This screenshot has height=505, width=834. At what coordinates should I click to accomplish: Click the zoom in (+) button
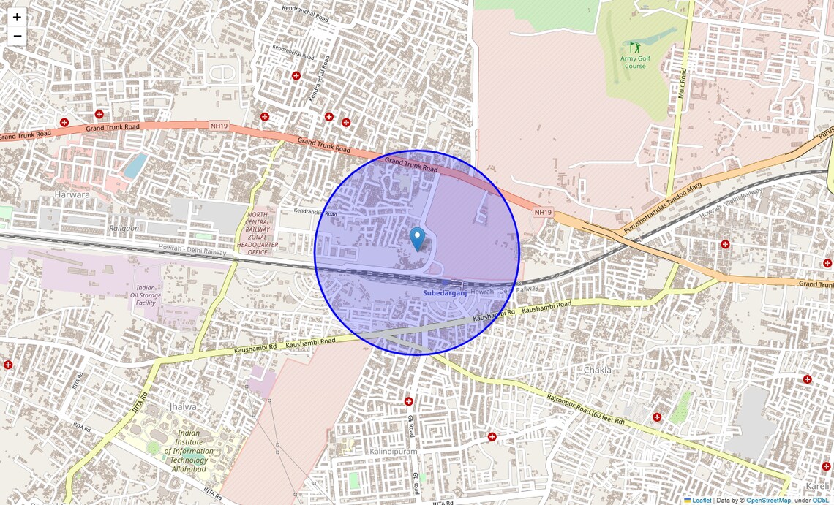17,17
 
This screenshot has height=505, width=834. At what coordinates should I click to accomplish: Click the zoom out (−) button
17,36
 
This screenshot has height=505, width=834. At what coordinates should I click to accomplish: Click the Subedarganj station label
444,293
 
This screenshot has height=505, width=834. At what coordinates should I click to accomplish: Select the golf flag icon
634,48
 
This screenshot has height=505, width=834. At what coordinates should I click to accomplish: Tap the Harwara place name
72,194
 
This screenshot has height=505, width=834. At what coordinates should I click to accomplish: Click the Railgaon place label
123,228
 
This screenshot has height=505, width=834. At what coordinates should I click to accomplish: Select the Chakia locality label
597,370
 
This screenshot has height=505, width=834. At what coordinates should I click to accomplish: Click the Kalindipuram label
393,452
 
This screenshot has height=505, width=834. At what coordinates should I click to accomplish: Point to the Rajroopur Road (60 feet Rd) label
585,409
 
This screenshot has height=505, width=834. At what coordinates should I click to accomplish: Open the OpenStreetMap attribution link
769,500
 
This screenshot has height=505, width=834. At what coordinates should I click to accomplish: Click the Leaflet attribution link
702,500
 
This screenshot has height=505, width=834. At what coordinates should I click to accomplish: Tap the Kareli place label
817,486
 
